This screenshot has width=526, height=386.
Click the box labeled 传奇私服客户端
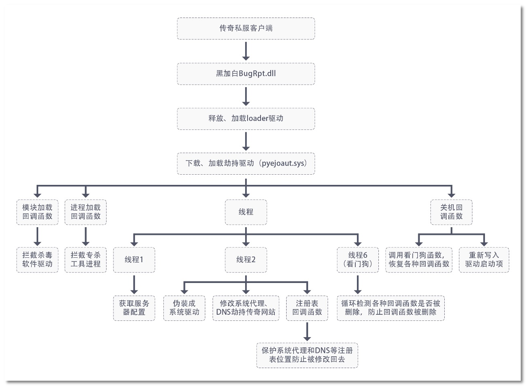[246, 29]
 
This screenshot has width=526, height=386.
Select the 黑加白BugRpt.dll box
[246, 74]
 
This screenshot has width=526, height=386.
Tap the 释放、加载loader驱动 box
[246, 118]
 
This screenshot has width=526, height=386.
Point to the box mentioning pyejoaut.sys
[246, 164]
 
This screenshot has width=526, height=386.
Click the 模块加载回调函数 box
[37, 212]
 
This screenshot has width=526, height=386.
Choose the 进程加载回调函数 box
[85, 212]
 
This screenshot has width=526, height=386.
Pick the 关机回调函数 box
[451, 212]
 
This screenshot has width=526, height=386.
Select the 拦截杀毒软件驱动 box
[37, 260]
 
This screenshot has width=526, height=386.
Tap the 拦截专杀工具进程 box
[85, 260]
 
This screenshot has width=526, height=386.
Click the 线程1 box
[134, 260]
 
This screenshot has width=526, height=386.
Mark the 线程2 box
[246, 260]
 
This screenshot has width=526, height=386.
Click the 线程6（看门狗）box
[358, 260]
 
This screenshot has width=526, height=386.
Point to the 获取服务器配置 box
[134, 308]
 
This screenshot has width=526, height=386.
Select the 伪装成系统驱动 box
[184, 308]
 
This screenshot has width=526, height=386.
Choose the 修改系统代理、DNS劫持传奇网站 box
[246, 308]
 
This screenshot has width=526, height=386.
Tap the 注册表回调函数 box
[307, 308]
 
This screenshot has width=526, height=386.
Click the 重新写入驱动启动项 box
[484, 260]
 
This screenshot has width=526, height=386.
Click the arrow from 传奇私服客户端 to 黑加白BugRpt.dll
[246, 51]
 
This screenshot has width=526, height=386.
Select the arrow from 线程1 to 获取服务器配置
[134, 284]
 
